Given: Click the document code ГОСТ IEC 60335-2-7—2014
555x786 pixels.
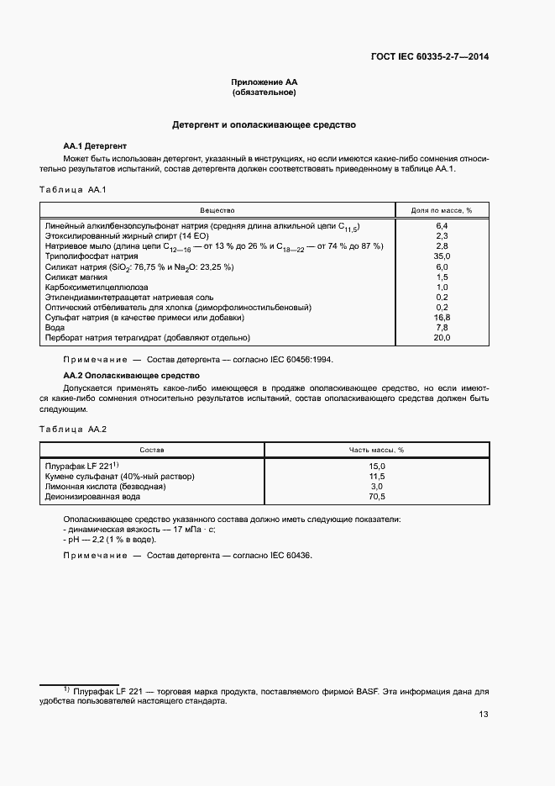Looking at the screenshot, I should click(x=429, y=57).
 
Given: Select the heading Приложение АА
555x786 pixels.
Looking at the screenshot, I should click(x=264, y=82).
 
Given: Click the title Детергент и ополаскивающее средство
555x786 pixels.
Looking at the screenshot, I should click(x=264, y=124).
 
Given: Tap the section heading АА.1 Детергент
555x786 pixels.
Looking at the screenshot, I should click(x=95, y=145).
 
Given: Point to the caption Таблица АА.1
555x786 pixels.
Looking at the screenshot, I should click(x=73, y=189).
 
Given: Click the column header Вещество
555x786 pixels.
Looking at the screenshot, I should click(x=217, y=209).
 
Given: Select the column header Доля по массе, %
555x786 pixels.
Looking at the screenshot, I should click(x=442, y=209).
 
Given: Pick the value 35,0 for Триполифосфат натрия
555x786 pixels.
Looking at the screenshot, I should click(x=442, y=256).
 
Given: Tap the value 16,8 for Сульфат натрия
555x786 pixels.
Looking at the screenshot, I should click(x=442, y=317).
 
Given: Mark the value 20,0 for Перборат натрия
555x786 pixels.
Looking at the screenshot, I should click(x=442, y=337).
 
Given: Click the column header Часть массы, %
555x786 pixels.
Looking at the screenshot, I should click(x=377, y=450).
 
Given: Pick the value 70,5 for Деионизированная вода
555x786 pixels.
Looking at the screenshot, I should click(x=377, y=496).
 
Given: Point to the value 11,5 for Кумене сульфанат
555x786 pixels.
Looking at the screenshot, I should click(x=377, y=476).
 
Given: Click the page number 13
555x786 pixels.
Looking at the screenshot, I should click(x=484, y=715).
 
